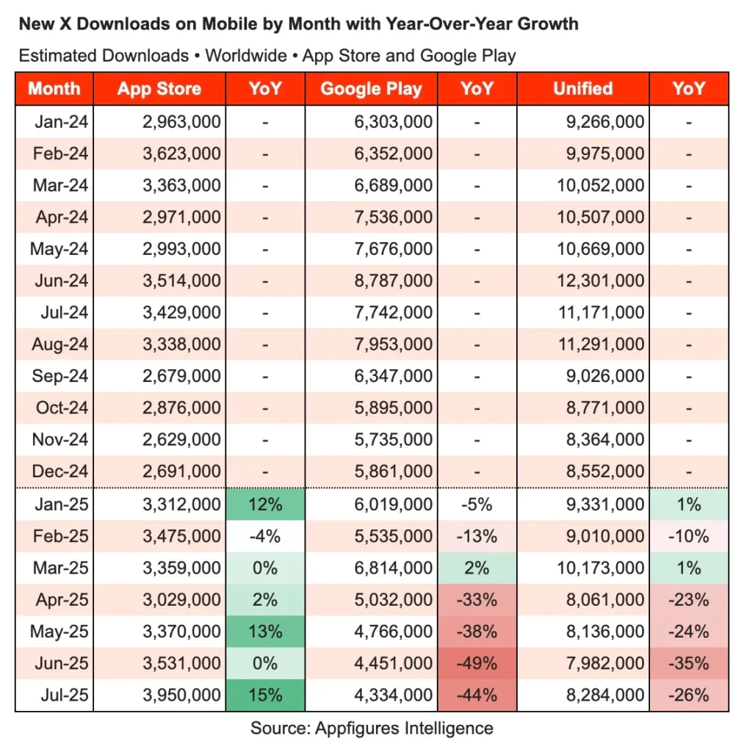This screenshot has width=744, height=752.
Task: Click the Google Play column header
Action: coord(371,90)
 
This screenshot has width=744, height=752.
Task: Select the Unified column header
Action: coord(582,89)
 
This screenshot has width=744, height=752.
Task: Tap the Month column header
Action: coord(54,89)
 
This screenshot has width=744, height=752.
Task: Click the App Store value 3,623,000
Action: coord(181,153)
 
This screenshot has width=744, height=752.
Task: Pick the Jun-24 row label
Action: coord(61,281)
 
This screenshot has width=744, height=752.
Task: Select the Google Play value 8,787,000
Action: coord(394,281)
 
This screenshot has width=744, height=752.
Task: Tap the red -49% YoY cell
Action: coord(477,663)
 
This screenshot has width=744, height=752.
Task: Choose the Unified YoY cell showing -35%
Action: coord(689,663)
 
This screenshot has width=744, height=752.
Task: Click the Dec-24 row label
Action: coord(61,471)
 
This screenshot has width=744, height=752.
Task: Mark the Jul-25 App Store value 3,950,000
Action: coord(181,695)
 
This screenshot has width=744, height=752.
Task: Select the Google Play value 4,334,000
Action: coord(394,695)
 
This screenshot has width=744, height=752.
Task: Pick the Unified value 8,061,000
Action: coord(605,600)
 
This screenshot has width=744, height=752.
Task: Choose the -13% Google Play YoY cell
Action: coord(477,536)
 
